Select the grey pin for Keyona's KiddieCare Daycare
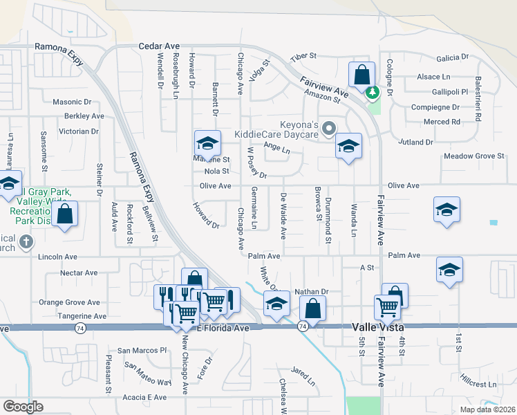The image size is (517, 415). point(329,127)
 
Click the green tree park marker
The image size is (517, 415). point(373,92)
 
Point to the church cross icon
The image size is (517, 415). point(26,241)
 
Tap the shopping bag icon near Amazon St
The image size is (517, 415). point(361,74)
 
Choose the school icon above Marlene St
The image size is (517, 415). point(207,142)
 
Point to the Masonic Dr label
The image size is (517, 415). point(72,102)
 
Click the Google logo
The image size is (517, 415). point(23,407)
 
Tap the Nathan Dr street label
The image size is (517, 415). point(310,292)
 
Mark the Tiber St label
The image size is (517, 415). point(303,55)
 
